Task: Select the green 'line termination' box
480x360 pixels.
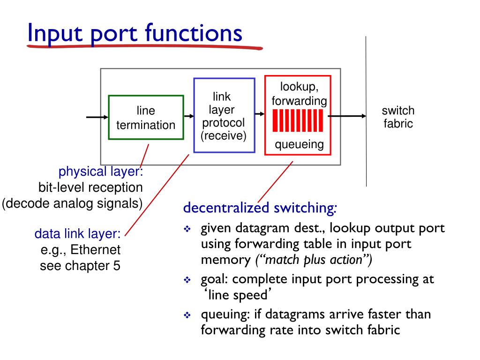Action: pos(146,118)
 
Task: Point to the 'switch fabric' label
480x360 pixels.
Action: pos(398,117)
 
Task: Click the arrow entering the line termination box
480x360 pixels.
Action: pos(97,117)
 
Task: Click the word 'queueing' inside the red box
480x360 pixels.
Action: pos(299,144)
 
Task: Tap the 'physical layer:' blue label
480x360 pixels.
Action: pos(100,172)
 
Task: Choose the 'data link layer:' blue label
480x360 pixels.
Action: pos(78,233)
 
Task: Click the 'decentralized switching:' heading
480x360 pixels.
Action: pos(260,207)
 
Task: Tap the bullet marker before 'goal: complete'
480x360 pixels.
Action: pos(187,280)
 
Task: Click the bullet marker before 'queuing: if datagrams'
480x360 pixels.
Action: pos(187,315)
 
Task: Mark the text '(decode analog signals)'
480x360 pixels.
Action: pos(72,204)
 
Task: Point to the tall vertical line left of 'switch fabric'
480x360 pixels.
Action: pos(366,112)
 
